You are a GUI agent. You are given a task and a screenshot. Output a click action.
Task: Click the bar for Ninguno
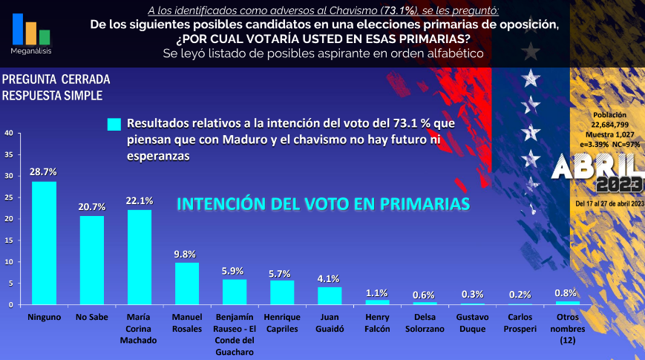44,243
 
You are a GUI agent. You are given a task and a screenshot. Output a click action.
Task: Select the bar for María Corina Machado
140,257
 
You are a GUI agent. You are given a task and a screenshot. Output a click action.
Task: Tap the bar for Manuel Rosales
187,284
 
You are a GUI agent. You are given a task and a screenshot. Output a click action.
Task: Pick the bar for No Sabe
92,260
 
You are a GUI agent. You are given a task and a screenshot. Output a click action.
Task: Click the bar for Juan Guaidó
330,295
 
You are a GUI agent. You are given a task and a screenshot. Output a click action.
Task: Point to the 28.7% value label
43,171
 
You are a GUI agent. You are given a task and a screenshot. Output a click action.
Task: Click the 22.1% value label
140,200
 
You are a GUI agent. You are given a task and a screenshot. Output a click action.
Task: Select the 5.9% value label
233,270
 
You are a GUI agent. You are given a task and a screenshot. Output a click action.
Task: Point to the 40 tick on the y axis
8,134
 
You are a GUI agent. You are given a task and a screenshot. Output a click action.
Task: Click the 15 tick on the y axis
8,240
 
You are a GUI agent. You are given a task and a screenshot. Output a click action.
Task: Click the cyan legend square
114,125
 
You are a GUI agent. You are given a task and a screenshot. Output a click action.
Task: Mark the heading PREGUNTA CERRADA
56,79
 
